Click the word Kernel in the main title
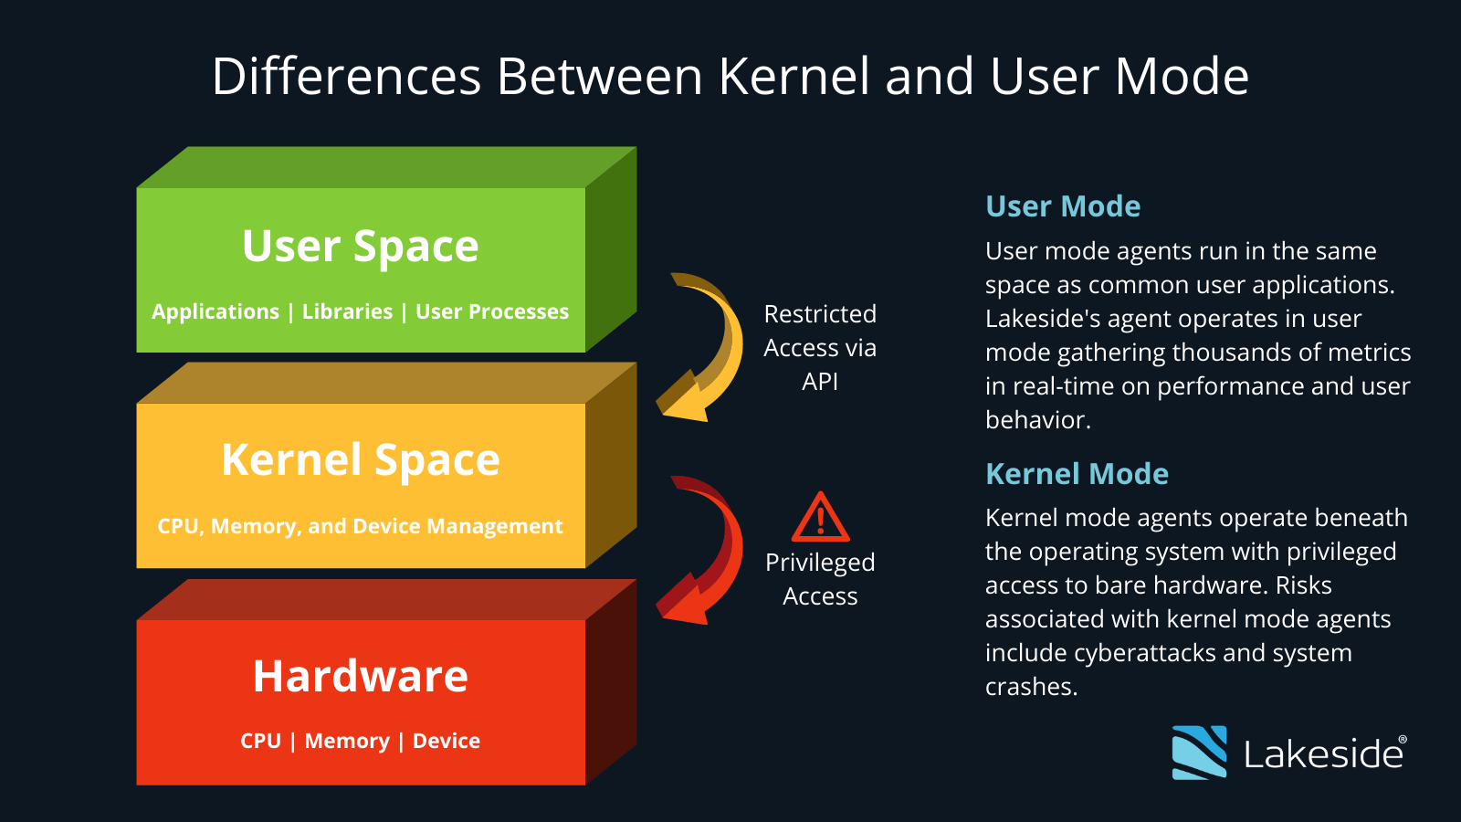coord(794,76)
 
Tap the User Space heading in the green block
coord(361,247)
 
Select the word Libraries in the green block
coord(347,312)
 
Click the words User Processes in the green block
coord(492,312)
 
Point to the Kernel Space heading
coord(361,460)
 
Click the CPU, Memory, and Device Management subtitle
coord(360,527)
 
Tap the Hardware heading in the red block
coord(361,677)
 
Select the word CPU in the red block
coord(260,742)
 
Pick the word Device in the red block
coord(447,742)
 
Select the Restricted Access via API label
coord(820,348)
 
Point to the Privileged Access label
coord(820,579)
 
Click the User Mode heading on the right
coord(1063,206)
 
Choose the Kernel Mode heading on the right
coord(1077,474)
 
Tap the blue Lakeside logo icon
coord(1199,753)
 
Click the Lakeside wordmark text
coord(1323,754)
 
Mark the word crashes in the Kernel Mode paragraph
coord(1029,687)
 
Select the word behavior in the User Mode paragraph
coord(1035,420)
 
